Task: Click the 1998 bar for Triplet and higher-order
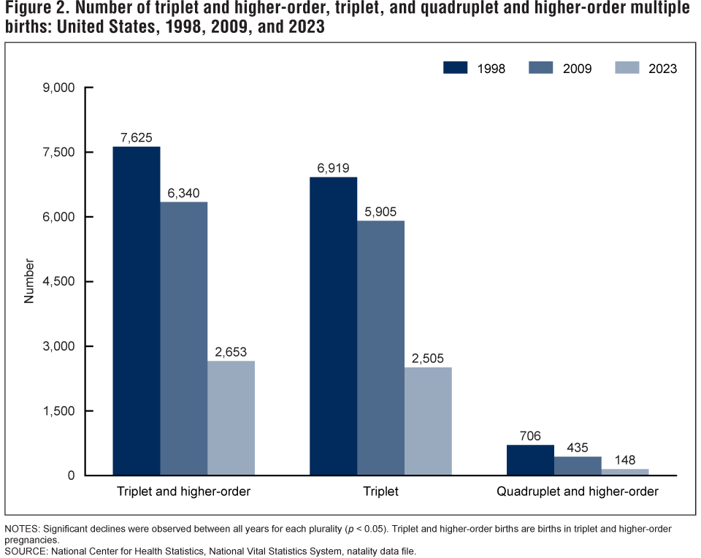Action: (136, 311)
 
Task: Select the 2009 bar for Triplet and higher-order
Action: (183, 339)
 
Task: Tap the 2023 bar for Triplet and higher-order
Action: (231, 418)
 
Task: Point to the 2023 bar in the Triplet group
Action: (428, 421)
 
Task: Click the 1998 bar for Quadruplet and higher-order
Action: (530, 460)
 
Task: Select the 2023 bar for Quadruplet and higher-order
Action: (625, 472)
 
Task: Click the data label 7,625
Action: (137, 137)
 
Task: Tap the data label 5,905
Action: (381, 210)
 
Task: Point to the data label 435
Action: (578, 447)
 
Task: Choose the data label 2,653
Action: (231, 351)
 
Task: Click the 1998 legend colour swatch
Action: (456, 68)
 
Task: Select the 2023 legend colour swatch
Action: (626, 68)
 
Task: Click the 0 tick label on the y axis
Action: (71, 475)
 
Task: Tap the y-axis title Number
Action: (30, 281)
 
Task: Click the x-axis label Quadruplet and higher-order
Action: (578, 492)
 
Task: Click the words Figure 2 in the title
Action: (37, 10)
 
